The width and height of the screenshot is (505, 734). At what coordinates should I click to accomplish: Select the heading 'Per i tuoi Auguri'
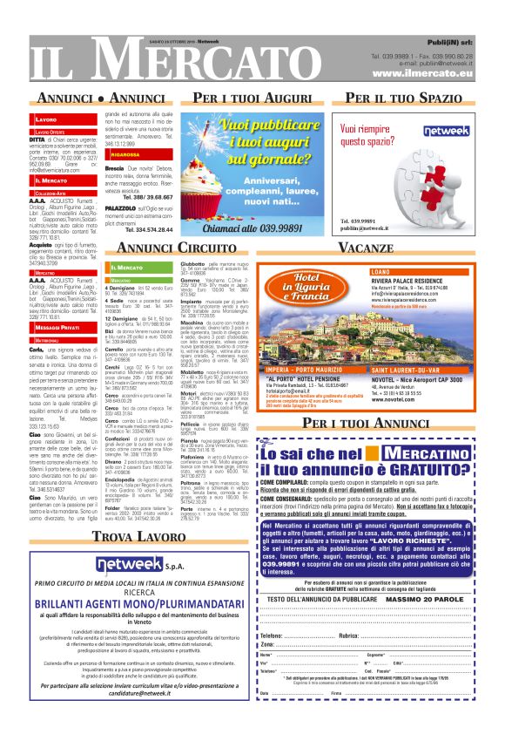click(251, 96)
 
